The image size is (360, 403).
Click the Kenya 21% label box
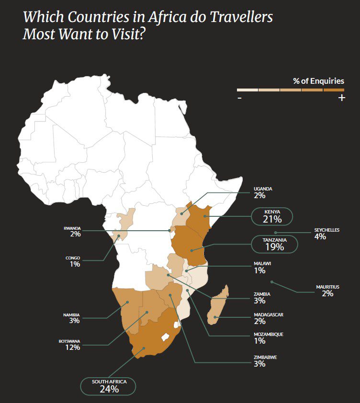(272, 216)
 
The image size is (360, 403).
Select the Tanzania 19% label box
(274, 244)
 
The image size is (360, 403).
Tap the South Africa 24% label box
(109, 386)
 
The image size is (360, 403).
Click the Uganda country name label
(263, 189)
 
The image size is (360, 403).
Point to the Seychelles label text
(326, 230)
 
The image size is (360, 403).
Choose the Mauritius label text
(327, 287)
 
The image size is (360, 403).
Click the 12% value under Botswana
(72, 347)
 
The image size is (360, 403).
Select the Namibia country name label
(71, 315)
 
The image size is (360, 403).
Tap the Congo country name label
(73, 258)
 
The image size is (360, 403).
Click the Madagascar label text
(269, 314)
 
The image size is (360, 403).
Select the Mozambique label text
(268, 334)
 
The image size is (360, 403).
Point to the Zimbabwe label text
(265, 357)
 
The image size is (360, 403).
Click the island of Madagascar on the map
(218, 306)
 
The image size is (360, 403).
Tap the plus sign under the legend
(341, 98)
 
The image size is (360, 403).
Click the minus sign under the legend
(239, 98)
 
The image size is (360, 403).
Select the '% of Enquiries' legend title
(318, 81)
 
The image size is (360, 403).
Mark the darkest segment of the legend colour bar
(334, 90)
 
